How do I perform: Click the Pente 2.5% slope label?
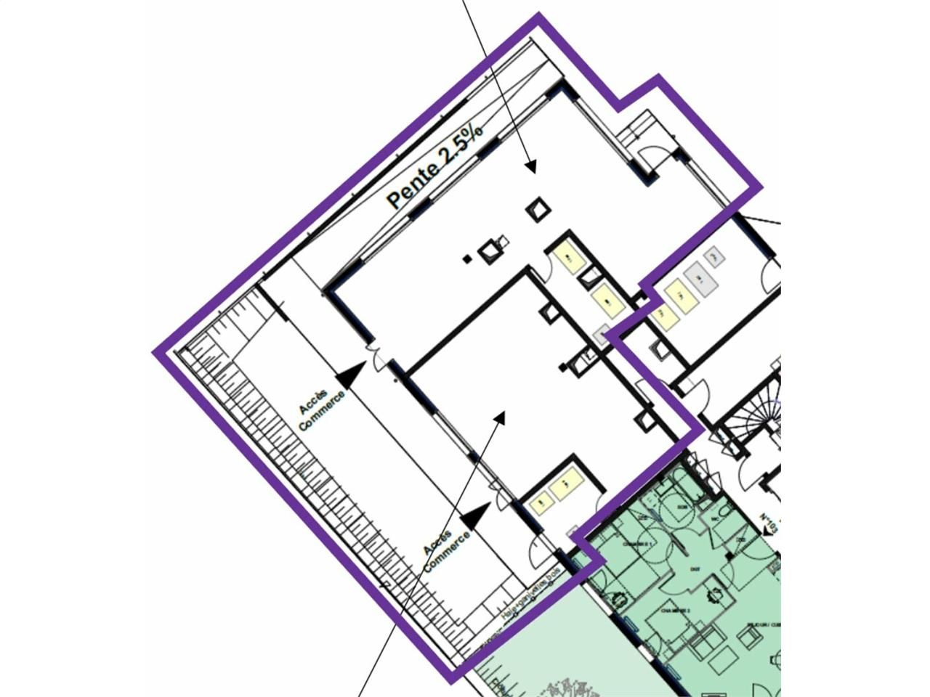[x=434, y=166]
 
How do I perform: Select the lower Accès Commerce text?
[x=445, y=550]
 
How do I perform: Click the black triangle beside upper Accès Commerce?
[x=351, y=375]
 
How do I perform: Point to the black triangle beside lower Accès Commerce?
[x=476, y=515]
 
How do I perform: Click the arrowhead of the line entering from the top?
[x=530, y=167]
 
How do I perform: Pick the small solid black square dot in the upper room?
[x=467, y=258]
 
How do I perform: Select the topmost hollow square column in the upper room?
[x=538, y=210]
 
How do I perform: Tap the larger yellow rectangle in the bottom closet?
[x=566, y=483]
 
